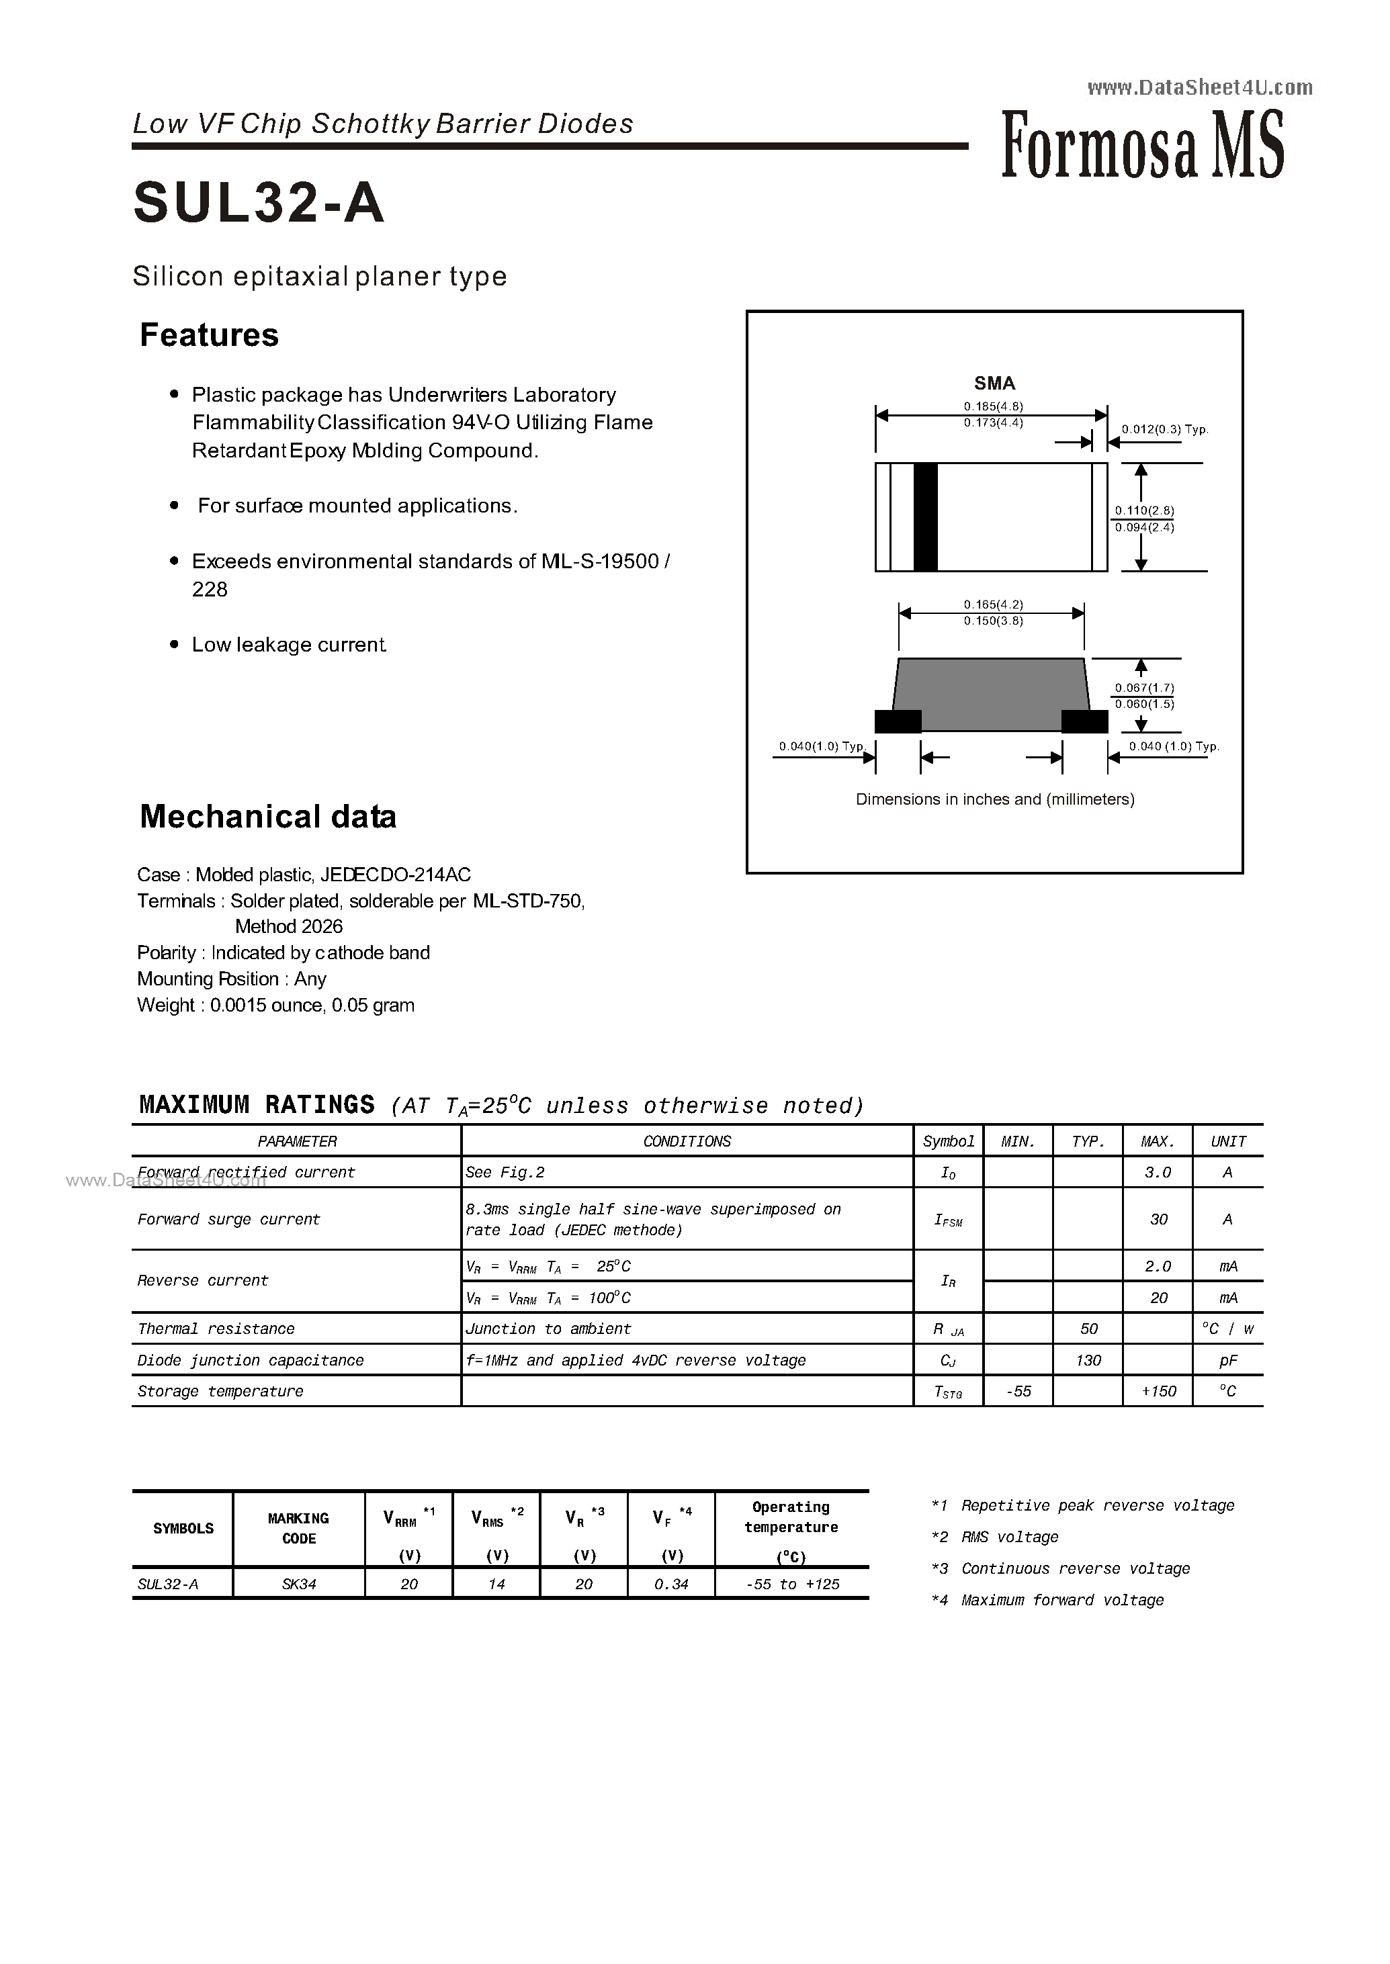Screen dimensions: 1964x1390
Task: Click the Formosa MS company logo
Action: click(1142, 146)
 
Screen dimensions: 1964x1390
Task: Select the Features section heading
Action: click(209, 334)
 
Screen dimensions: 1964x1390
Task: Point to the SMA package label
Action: click(994, 384)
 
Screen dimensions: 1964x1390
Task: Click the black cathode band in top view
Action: click(925, 517)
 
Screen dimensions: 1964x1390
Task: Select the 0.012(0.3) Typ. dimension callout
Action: click(1164, 430)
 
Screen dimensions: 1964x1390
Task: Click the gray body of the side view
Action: click(991, 693)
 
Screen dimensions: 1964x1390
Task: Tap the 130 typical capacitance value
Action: click(1088, 1360)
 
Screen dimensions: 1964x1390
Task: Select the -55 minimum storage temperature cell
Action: click(1018, 1392)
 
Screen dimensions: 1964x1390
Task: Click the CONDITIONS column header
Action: click(687, 1142)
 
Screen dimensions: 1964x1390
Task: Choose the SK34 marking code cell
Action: click(299, 1584)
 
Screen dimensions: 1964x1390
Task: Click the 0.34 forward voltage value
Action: click(671, 1584)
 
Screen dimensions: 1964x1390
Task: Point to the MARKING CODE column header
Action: click(299, 1528)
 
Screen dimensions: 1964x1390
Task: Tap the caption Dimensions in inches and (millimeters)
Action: click(994, 799)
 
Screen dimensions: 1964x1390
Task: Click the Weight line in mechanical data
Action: click(275, 1005)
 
